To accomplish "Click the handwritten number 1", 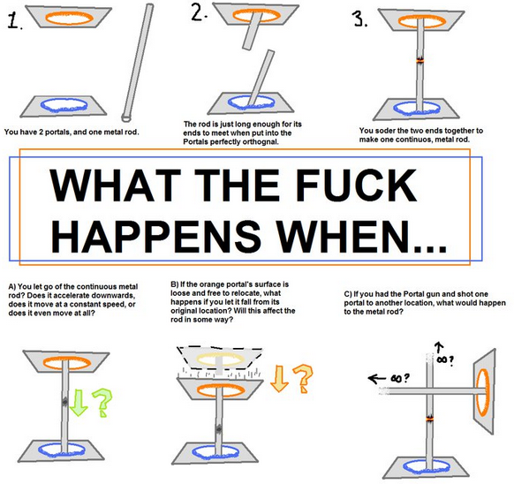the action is [x=14, y=20].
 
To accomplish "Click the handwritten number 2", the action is [x=199, y=13].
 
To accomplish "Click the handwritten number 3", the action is [x=359, y=19].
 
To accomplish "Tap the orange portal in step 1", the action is [x=69, y=18].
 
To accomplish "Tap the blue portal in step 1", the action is [x=64, y=104].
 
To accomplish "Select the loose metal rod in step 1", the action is [x=138, y=63].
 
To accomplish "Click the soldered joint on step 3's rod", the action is [x=420, y=60].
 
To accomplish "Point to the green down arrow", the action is [x=79, y=403].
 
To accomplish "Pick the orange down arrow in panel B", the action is [x=279, y=378].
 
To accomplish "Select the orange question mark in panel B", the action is [x=303, y=379].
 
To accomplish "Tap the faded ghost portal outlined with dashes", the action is [x=220, y=359].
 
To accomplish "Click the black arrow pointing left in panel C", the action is [x=378, y=379].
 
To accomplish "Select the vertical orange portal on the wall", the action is [x=482, y=392].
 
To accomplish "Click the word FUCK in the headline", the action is [x=356, y=185].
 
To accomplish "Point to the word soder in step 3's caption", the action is [x=385, y=131].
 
